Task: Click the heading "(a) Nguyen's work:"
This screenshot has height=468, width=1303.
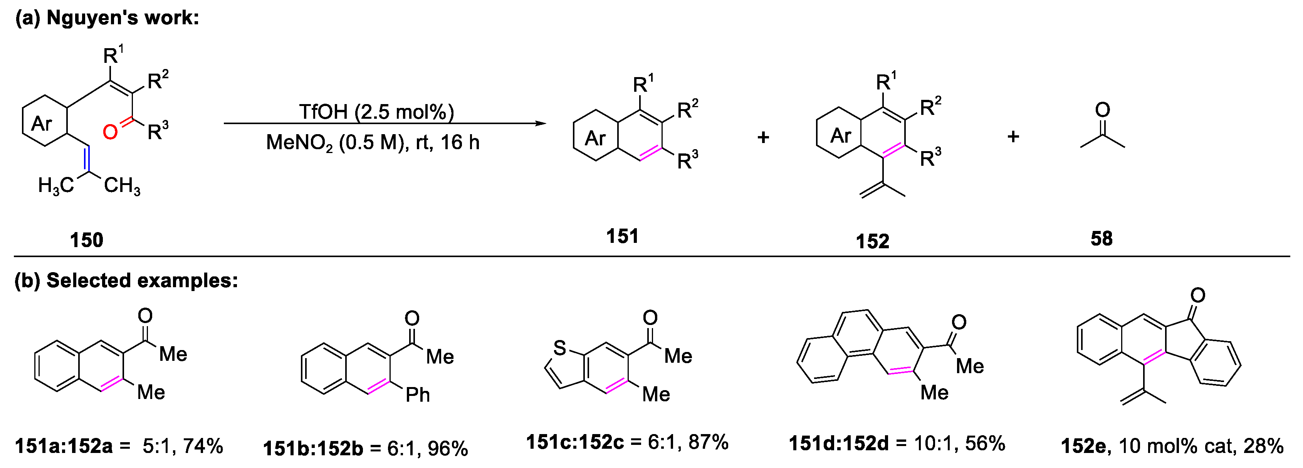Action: pos(107,18)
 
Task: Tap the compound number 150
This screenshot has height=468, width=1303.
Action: pos(87,240)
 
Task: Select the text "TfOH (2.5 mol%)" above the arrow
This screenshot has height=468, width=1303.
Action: pos(376,112)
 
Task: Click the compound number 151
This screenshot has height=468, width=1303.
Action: pos(622,236)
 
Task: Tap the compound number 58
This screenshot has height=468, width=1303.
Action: pos(1101,238)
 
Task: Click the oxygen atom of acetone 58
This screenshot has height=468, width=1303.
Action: pos(1102,109)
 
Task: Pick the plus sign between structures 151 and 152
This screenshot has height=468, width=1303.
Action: pos(763,136)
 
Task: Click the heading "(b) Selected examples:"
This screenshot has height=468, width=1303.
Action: pos(126,280)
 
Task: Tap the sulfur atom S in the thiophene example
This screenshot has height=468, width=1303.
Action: pos(559,348)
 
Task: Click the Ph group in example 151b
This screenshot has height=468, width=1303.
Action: pos(418,395)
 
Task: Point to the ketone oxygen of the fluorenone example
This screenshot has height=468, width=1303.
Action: pos(1198,295)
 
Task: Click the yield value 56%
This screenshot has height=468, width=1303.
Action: pos(985,444)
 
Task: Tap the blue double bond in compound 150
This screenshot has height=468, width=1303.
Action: pos(87,159)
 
